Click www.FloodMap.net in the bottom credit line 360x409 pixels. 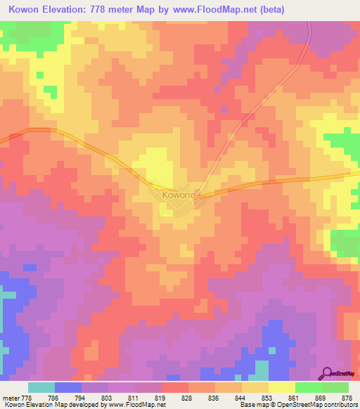(133, 405)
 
